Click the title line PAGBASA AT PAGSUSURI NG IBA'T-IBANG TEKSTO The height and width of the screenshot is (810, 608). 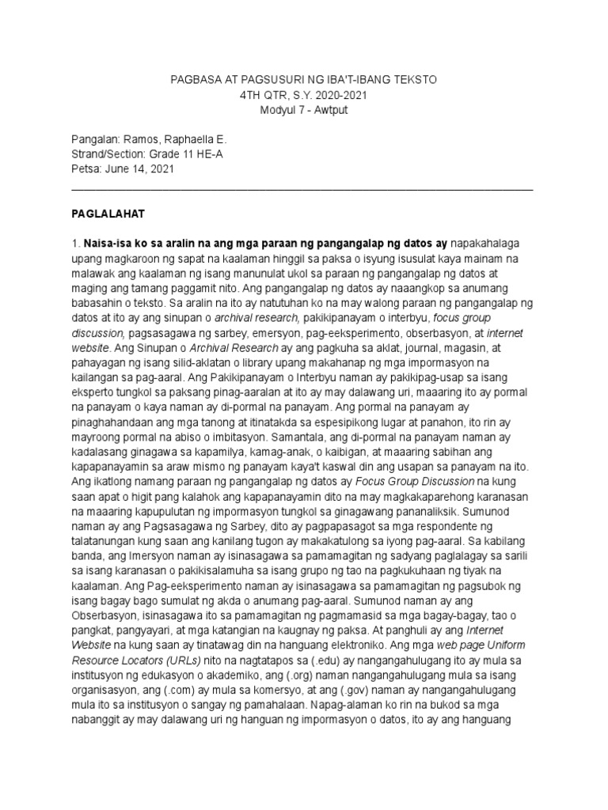304,81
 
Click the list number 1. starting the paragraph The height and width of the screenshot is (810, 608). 76,242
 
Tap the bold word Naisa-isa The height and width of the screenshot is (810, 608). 111,242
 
